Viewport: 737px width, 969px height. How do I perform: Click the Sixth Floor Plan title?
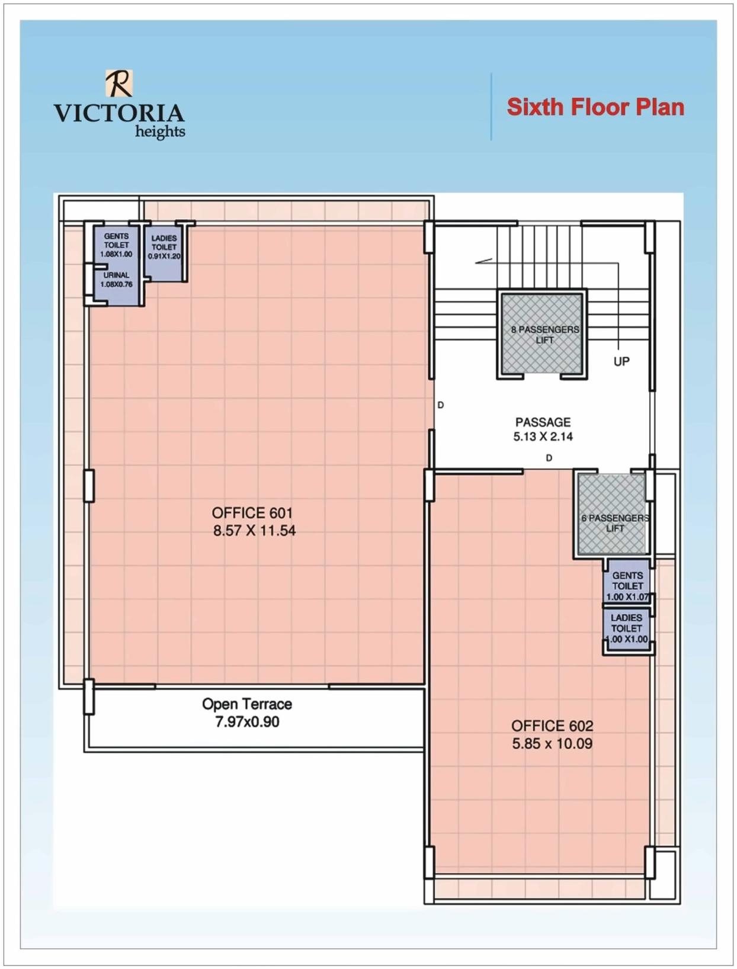coord(595,107)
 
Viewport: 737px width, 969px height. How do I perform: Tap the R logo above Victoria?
coord(119,83)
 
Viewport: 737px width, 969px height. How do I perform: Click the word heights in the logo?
coord(160,131)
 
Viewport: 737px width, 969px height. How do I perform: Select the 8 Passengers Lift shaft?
coord(542,334)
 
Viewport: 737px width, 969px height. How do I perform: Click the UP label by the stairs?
coord(621,361)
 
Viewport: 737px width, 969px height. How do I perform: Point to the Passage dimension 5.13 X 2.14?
coord(543,437)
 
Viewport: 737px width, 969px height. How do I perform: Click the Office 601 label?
coord(252,513)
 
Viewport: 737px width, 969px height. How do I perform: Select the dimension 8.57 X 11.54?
coord(254,531)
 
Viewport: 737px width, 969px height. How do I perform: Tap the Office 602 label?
coord(552,726)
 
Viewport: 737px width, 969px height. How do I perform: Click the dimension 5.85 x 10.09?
coord(552,744)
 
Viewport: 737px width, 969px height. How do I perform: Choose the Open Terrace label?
coord(247,704)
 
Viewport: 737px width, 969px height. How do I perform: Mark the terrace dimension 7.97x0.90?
coord(247,722)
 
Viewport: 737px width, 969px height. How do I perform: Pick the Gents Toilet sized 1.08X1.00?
coord(116,245)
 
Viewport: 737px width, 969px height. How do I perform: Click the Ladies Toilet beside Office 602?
coord(627,628)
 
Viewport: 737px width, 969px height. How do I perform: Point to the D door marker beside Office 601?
coord(440,405)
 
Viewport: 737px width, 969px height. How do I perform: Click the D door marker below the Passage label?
coord(549,458)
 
